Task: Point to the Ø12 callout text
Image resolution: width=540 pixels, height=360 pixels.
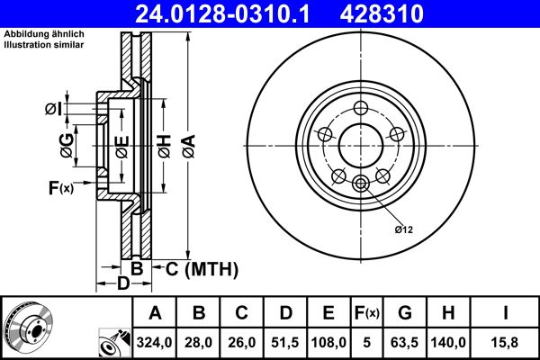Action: coord(403,230)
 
